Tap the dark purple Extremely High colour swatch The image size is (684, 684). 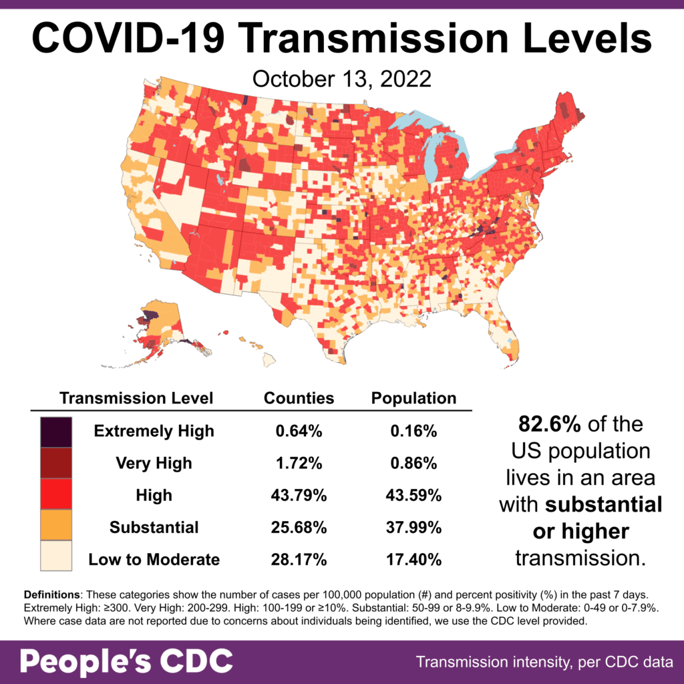coord(56,431)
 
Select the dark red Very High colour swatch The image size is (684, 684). coord(56,462)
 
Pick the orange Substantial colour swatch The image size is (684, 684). coord(56,526)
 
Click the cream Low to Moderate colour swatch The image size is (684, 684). coord(56,557)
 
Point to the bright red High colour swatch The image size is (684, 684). coord(56,494)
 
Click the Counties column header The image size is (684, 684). coord(299,399)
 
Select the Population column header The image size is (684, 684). coord(413,399)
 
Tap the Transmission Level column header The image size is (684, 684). coord(136,399)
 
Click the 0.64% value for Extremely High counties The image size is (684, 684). coord(299,432)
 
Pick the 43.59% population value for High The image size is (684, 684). coord(413,496)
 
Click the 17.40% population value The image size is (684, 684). coord(413,560)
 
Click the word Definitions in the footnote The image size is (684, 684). coord(53,594)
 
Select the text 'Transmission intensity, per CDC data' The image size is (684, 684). coord(544,663)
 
